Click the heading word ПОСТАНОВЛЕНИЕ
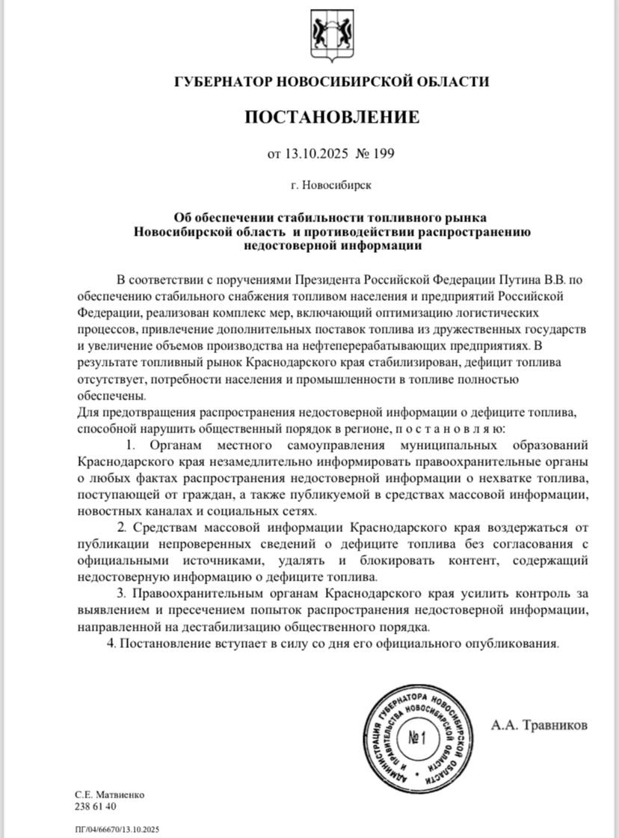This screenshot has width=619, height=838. click(332, 117)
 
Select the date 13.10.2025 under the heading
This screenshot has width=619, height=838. click(313, 154)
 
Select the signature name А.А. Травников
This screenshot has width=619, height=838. click(540, 725)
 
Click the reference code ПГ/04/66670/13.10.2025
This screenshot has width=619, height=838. click(117, 829)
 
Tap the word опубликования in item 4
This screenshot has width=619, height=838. click(517, 643)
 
